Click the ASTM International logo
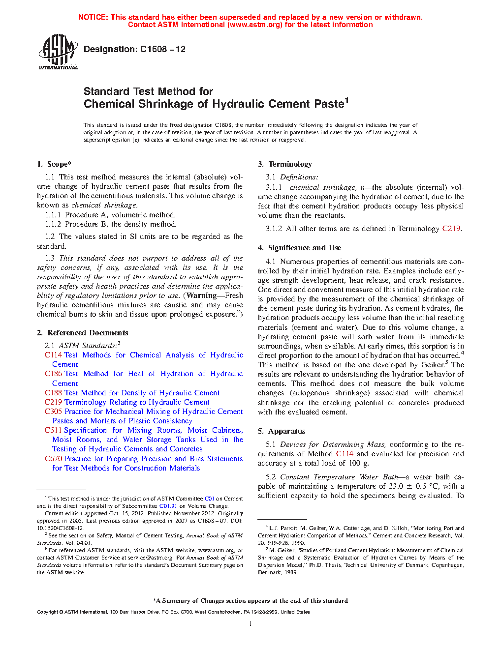(x=58, y=52)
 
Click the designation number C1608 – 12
(x=162, y=49)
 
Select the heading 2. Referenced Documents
(x=83, y=333)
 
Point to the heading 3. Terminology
(x=285, y=164)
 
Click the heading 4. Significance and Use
(x=299, y=248)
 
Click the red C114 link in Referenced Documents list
(x=53, y=355)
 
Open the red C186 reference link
(x=53, y=374)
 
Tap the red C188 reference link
(x=53, y=393)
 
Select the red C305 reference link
(x=53, y=412)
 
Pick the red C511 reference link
(x=53, y=430)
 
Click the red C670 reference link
(x=53, y=459)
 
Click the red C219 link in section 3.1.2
(x=451, y=229)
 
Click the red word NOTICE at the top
(x=93, y=17)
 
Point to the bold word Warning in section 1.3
(x=201, y=295)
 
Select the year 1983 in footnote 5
(x=291, y=572)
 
